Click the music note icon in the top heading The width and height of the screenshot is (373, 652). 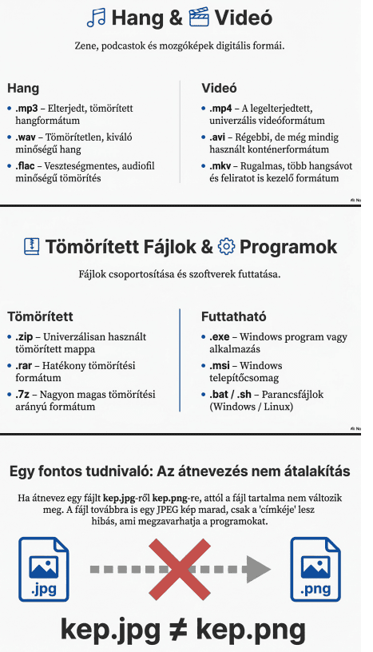[x=97, y=18]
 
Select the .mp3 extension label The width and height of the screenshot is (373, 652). [x=26, y=107]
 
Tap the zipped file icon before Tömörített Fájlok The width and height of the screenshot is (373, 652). [x=32, y=246]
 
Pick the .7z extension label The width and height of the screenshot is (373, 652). [x=23, y=395]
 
